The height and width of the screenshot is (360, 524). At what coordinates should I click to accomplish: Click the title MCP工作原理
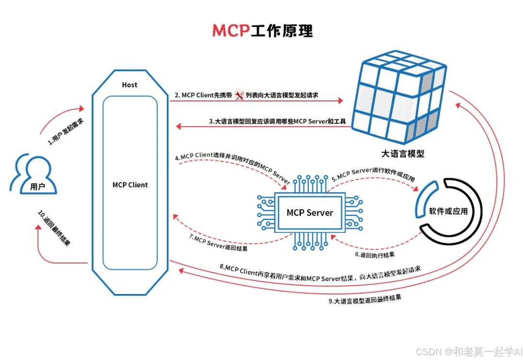pyautogui.click(x=262, y=30)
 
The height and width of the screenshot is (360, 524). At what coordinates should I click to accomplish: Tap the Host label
pyautogui.click(x=130, y=85)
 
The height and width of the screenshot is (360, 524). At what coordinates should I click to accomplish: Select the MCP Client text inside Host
pyautogui.click(x=130, y=185)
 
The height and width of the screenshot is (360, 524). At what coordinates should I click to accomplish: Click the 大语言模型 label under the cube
pyautogui.click(x=403, y=154)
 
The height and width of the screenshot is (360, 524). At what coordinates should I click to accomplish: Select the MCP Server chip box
pyautogui.click(x=310, y=213)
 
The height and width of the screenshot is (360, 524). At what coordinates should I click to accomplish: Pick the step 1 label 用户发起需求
pyautogui.click(x=65, y=131)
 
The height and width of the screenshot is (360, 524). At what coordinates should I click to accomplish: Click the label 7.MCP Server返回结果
pyautogui.click(x=218, y=243)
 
